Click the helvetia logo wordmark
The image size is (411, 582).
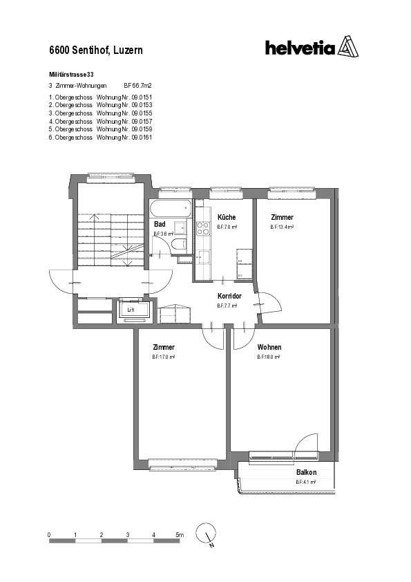(x=300, y=48)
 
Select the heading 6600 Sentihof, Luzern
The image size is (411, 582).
(x=96, y=50)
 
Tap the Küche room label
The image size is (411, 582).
(x=227, y=217)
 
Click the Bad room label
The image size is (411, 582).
(x=160, y=224)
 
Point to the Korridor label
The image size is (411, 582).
(x=229, y=296)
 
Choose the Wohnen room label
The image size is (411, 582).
(x=269, y=347)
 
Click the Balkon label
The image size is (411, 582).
(x=306, y=473)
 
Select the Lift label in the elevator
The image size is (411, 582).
(x=131, y=310)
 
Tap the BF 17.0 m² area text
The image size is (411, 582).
(x=163, y=357)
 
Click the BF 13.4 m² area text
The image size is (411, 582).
(x=282, y=227)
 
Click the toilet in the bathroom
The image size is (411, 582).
(x=179, y=245)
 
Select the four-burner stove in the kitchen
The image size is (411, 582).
(x=203, y=228)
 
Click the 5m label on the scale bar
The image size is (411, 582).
(x=180, y=535)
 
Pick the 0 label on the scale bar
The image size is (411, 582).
(x=49, y=535)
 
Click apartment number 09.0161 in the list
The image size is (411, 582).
(x=142, y=138)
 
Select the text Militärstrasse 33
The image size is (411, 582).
(x=71, y=75)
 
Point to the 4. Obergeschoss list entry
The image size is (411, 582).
(x=70, y=122)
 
